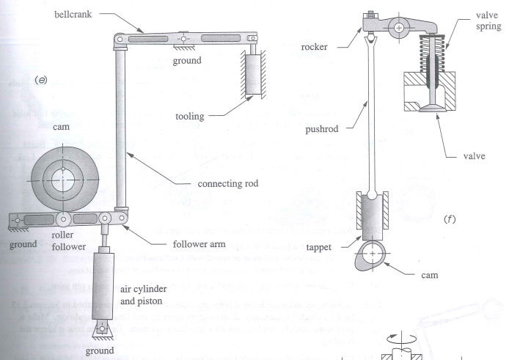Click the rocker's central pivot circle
[x=398, y=29]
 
